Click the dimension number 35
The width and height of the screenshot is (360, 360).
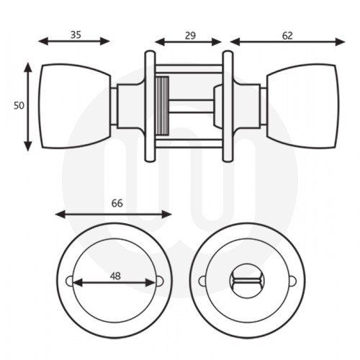[76, 33]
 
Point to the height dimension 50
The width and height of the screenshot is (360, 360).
[19, 105]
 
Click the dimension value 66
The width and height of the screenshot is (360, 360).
[117, 204]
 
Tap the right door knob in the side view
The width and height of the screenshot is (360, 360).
[302, 107]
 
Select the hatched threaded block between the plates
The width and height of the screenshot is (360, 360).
[162, 107]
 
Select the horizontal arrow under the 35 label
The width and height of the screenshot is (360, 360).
[74, 42]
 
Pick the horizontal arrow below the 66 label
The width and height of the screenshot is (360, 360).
[114, 214]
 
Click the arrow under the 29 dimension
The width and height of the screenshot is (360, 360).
[189, 42]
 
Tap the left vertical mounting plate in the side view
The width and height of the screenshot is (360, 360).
[150, 107]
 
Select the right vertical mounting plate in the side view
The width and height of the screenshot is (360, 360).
[228, 107]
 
